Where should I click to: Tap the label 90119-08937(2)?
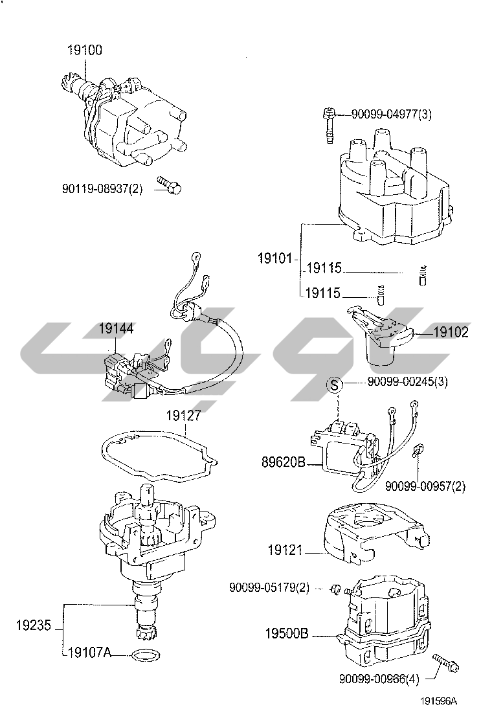click(102, 189)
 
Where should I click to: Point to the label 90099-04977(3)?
click(391, 115)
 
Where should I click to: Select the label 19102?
click(451, 333)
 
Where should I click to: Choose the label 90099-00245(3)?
click(407, 382)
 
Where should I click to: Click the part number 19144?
click(116, 329)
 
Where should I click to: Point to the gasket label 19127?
click(184, 416)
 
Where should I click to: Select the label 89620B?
click(283, 463)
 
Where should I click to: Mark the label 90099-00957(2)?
click(425, 486)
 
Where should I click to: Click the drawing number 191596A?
click(438, 701)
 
